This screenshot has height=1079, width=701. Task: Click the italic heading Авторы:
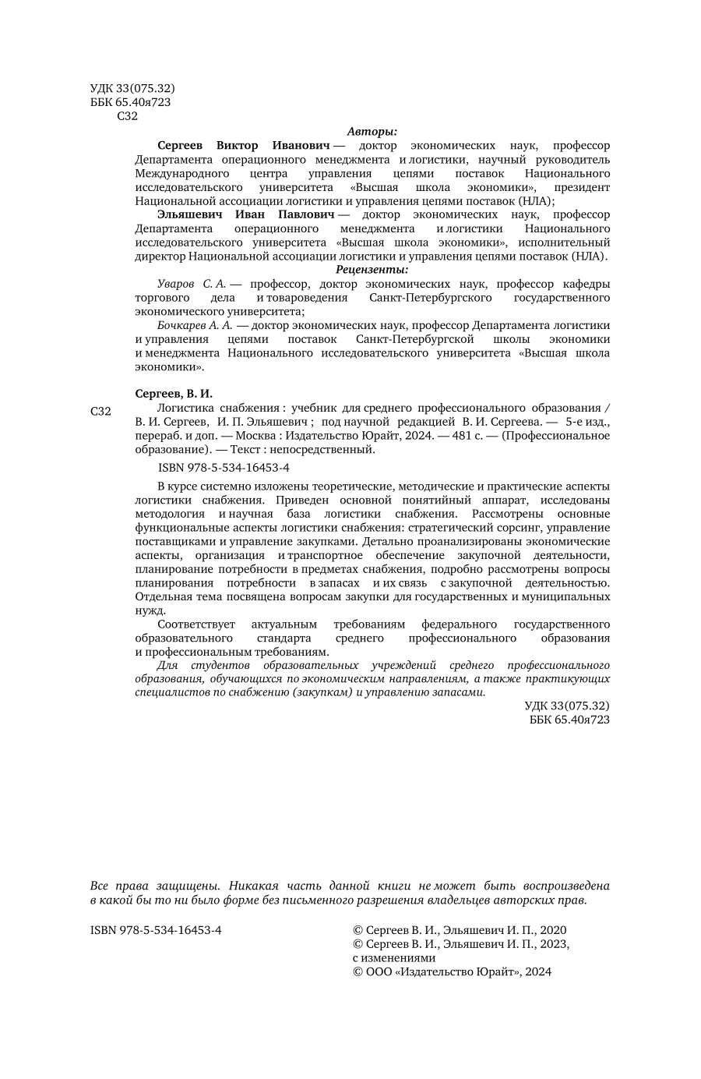pyautogui.click(x=372, y=131)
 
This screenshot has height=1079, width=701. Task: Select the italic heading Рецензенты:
pyautogui.click(x=372, y=270)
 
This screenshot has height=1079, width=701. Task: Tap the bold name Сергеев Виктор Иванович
pyautogui.click(x=244, y=145)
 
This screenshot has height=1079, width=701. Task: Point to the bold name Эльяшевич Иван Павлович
pyautogui.click(x=245, y=214)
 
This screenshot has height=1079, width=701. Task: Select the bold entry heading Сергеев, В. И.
pyautogui.click(x=174, y=394)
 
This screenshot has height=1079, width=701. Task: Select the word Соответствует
pyautogui.click(x=195, y=624)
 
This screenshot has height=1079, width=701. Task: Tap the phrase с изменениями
pyautogui.click(x=394, y=958)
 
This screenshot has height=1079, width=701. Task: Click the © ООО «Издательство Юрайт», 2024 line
pyautogui.click(x=453, y=972)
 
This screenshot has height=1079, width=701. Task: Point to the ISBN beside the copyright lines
pyautogui.click(x=156, y=930)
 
